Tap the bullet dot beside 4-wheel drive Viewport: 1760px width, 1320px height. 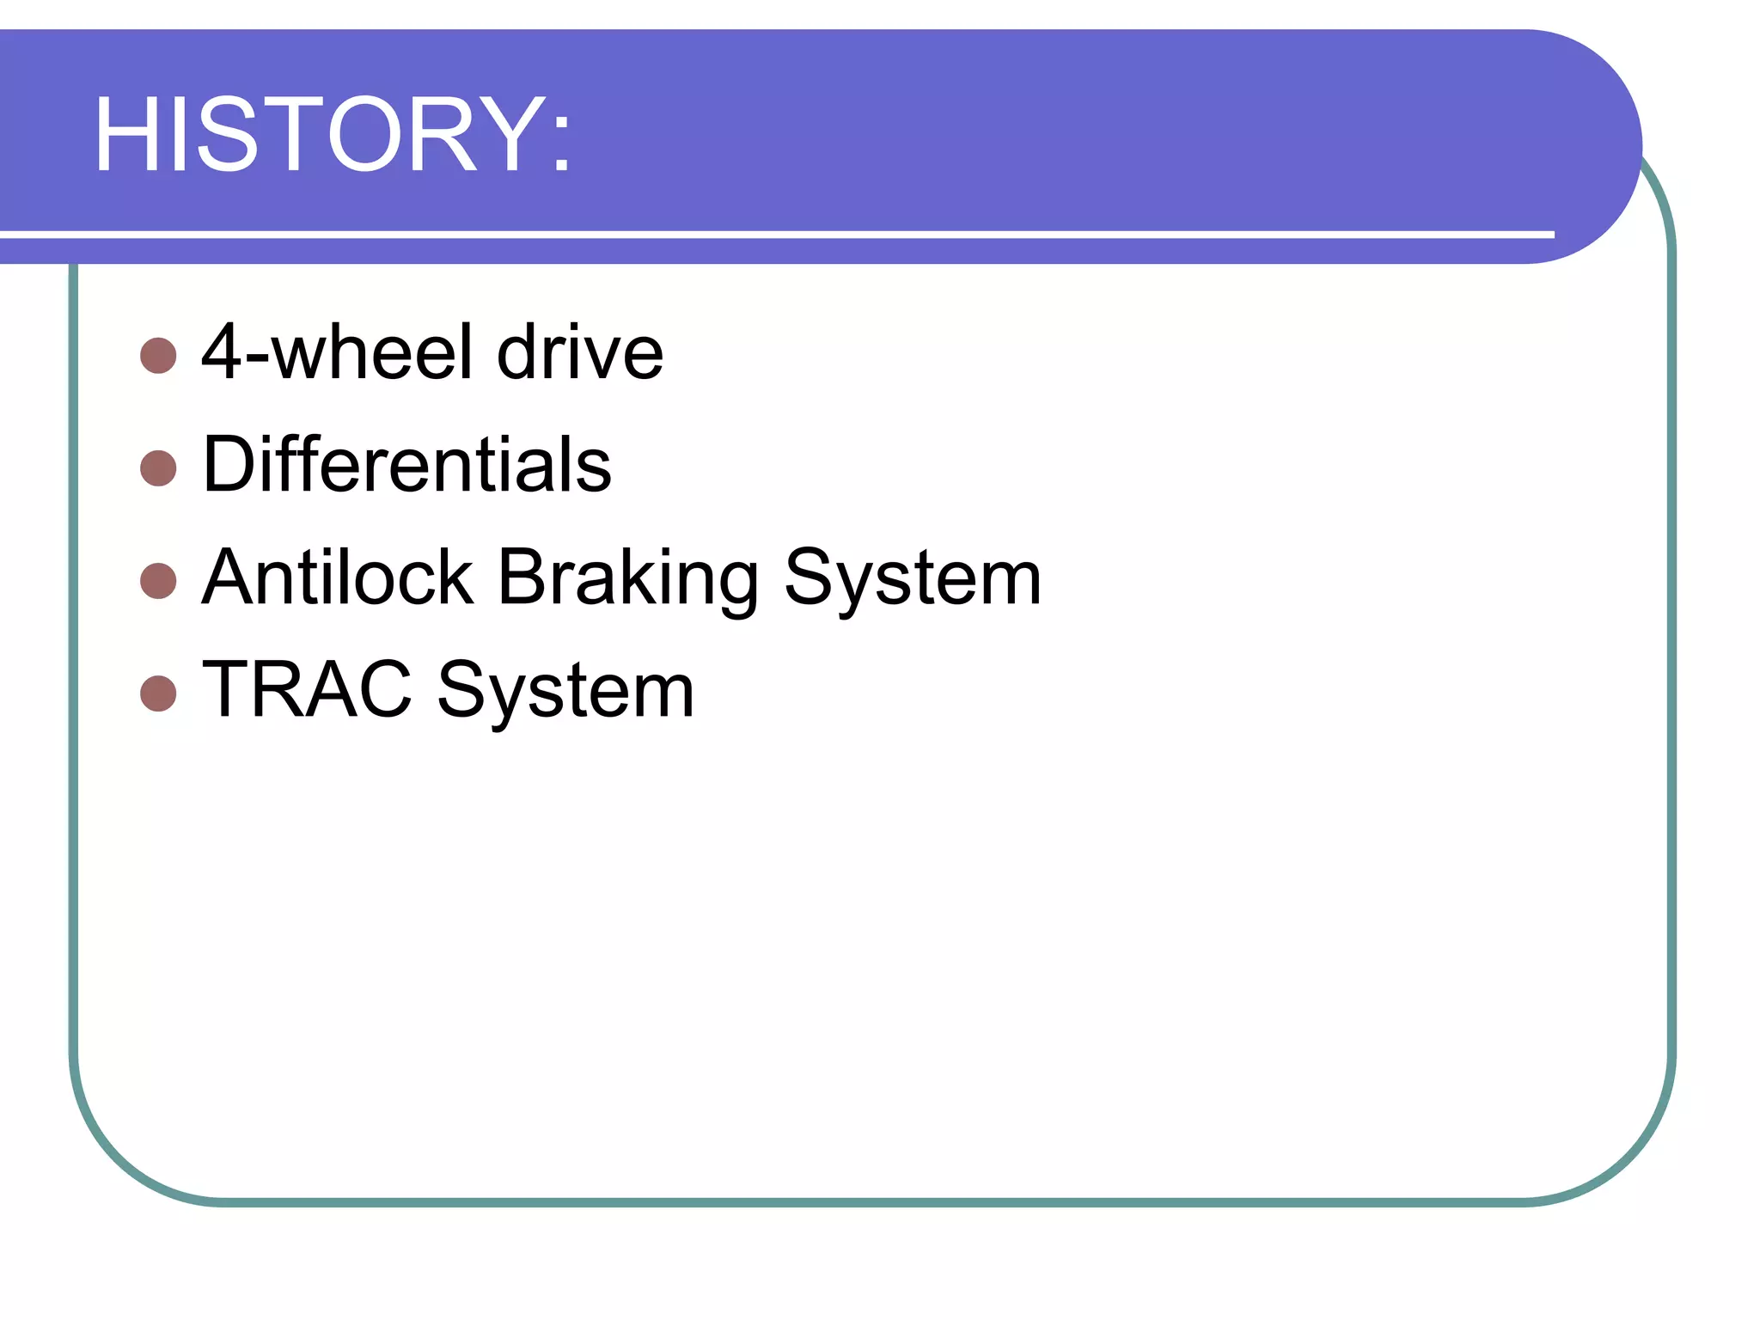click(x=158, y=355)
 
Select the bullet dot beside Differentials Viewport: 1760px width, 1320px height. click(x=158, y=467)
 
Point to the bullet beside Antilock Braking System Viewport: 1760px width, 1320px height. click(x=158, y=580)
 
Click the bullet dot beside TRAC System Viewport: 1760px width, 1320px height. click(x=158, y=693)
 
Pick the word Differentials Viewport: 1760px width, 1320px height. click(x=406, y=464)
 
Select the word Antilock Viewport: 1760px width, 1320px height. click(x=337, y=577)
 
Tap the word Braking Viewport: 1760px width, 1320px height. click(x=627, y=578)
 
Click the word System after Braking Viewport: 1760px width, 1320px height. click(x=913, y=578)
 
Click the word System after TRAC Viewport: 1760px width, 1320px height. click(x=565, y=691)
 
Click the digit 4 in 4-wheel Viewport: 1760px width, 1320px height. click(x=221, y=351)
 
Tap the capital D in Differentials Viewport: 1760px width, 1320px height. click(x=229, y=464)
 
